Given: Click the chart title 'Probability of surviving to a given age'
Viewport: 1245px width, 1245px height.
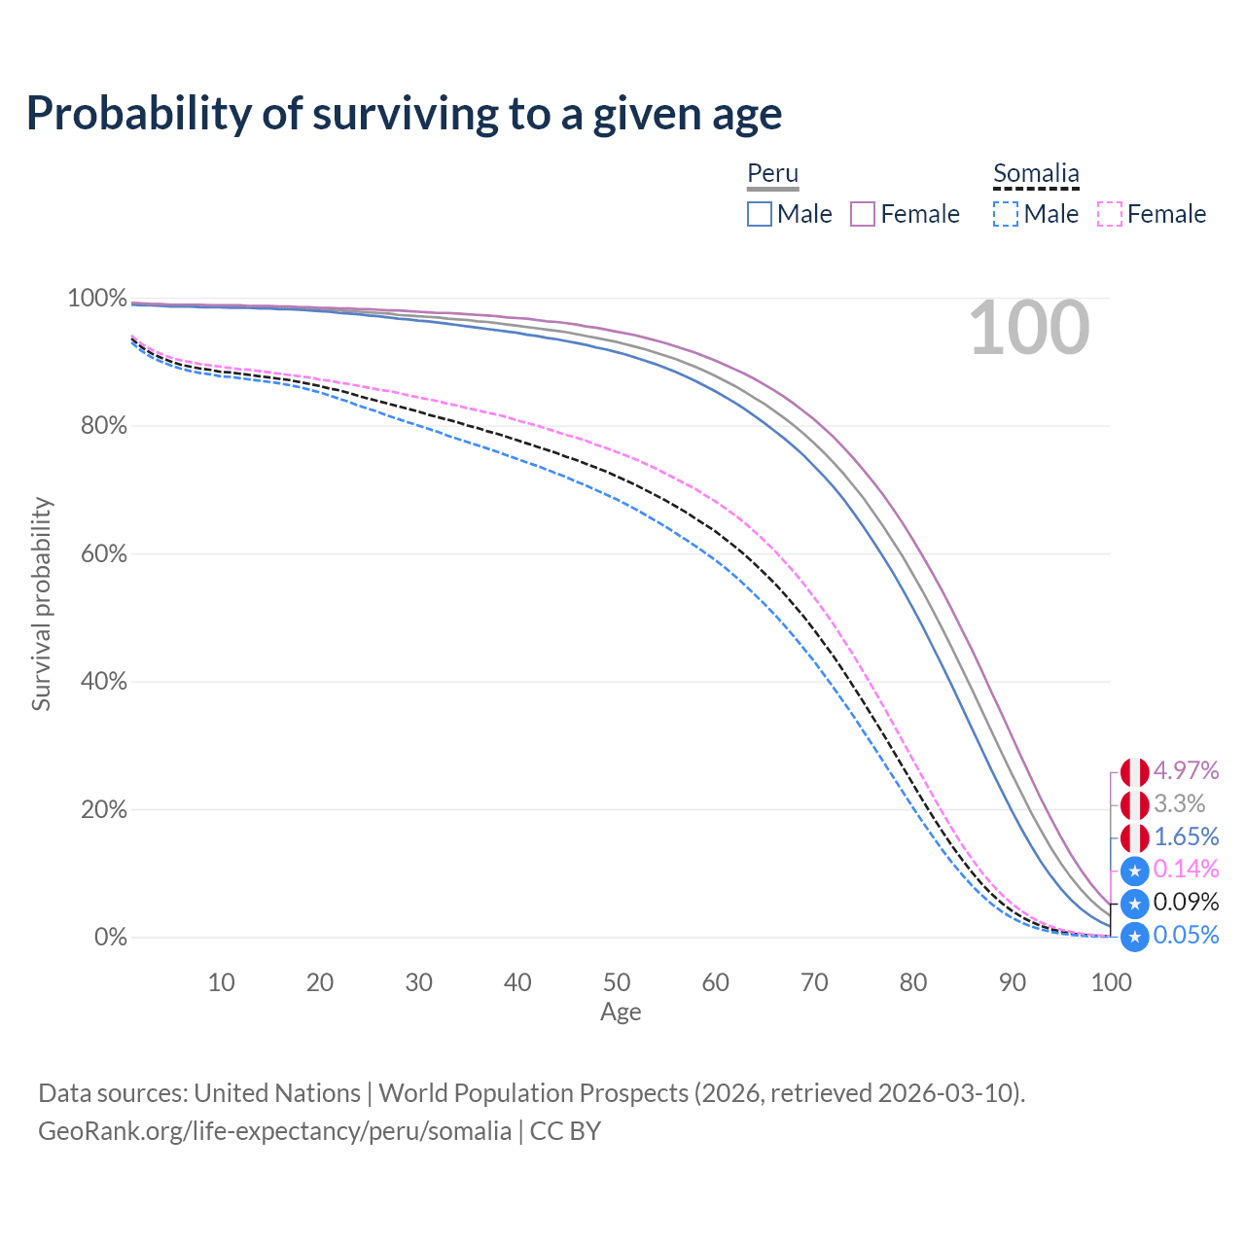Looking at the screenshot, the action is click(404, 114).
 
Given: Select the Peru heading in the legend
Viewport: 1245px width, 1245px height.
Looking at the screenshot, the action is click(772, 173).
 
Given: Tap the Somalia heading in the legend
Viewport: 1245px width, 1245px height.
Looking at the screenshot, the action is click(1036, 173).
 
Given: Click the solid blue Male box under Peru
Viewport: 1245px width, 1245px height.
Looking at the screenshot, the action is click(759, 214).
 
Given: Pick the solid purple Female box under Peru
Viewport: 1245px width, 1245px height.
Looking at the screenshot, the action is click(862, 214).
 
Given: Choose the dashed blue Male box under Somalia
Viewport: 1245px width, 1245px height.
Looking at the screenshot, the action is click(1006, 214).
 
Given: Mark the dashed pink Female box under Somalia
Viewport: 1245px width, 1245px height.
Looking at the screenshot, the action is click(1110, 214).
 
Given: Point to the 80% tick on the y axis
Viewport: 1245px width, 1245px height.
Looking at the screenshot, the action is click(103, 426).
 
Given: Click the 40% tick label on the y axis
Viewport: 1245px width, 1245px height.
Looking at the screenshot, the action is click(103, 681).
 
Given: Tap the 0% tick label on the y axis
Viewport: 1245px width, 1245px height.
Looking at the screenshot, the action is click(111, 937).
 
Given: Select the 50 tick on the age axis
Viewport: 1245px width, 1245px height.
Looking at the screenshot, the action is click(617, 982).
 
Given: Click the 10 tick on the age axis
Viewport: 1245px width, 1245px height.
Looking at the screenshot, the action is click(221, 982).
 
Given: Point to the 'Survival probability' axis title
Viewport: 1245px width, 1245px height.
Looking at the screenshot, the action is click(42, 604).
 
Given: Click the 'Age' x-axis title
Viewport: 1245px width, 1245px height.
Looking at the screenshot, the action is click(621, 1012).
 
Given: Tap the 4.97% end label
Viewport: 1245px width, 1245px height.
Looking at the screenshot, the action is click(1186, 770).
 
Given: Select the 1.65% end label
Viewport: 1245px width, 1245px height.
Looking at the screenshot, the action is click(1186, 836).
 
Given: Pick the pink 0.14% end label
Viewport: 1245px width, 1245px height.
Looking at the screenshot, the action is click(1186, 869).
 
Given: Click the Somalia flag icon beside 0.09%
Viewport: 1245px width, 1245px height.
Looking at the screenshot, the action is click(1134, 904).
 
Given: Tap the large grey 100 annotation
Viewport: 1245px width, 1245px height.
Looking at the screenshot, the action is click(1029, 328).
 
